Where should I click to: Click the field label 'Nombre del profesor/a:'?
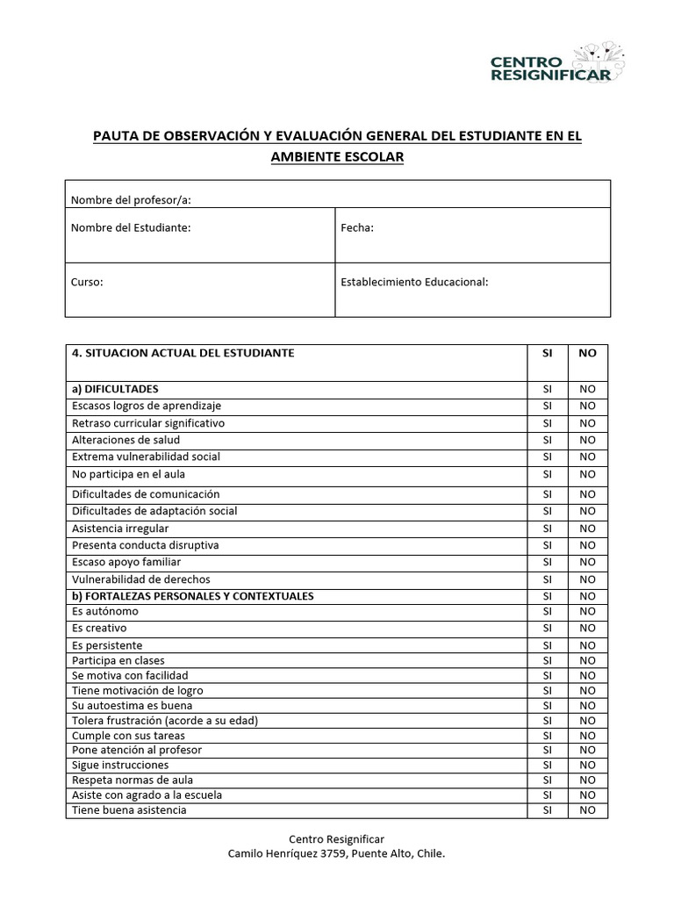(x=131, y=199)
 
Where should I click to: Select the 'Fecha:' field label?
(x=357, y=228)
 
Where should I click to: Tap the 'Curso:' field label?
(x=87, y=283)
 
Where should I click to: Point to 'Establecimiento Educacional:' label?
(x=414, y=283)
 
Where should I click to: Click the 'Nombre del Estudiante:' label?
(x=131, y=228)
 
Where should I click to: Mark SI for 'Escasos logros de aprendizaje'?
(x=548, y=406)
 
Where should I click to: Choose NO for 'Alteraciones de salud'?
(x=587, y=440)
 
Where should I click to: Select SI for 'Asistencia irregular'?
(x=548, y=529)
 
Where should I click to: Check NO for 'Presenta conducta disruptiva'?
(x=587, y=545)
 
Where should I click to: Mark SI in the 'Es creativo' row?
(x=548, y=629)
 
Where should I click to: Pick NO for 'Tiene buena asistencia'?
(x=587, y=810)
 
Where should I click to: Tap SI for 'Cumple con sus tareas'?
(x=548, y=735)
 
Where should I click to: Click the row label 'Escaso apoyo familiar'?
(x=126, y=562)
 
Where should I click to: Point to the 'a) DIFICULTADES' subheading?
(x=115, y=389)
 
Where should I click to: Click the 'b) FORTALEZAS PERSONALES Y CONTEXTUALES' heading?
(x=192, y=596)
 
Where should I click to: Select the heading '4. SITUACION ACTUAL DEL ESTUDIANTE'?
(x=183, y=353)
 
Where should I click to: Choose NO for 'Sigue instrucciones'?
(x=587, y=766)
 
